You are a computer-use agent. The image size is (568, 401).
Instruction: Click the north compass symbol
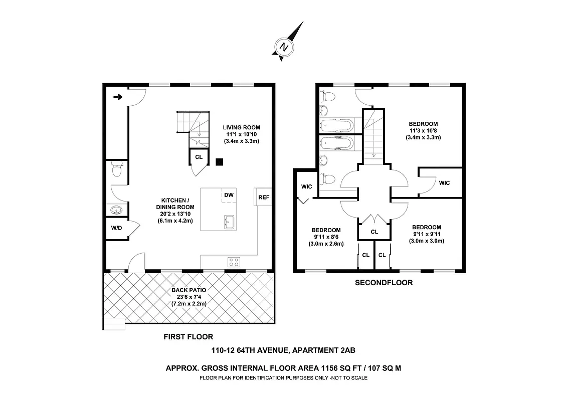point(285,47)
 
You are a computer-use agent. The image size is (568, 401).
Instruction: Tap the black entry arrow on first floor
point(118,97)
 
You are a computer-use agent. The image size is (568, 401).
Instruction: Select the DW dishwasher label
point(229,195)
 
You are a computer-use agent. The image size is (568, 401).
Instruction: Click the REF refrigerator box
point(264,197)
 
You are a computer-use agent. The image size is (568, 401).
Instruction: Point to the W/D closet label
point(116,228)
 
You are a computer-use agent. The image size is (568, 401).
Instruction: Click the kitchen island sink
point(230,221)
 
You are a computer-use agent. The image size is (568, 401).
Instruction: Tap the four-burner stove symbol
point(234,261)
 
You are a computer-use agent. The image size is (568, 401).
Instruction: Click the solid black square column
point(219,162)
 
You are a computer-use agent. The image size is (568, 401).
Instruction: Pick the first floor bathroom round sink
point(115,211)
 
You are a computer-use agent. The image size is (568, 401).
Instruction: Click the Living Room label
point(242,127)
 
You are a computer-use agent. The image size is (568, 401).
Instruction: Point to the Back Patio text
point(188,290)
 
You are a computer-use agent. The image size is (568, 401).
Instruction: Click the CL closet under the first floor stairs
point(199,157)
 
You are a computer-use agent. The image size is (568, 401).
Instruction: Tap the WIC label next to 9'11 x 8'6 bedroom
point(306,186)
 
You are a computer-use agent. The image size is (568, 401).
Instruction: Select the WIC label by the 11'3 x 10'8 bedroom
point(444,183)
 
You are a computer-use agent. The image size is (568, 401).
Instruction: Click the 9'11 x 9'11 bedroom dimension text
point(427,234)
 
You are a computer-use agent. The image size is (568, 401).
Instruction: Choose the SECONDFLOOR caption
point(384,283)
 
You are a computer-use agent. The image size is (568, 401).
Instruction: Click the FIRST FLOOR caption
point(188,337)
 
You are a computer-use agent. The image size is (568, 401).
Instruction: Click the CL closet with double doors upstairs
point(374,232)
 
